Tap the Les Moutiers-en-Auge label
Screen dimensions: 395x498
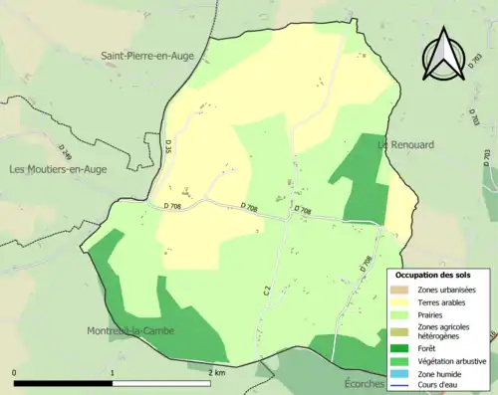coord(58,169)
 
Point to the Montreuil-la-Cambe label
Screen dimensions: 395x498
coord(131,331)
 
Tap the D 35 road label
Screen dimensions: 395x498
coord(167,149)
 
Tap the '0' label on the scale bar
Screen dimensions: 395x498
coord(15,372)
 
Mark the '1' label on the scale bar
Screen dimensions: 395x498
coord(113,372)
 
